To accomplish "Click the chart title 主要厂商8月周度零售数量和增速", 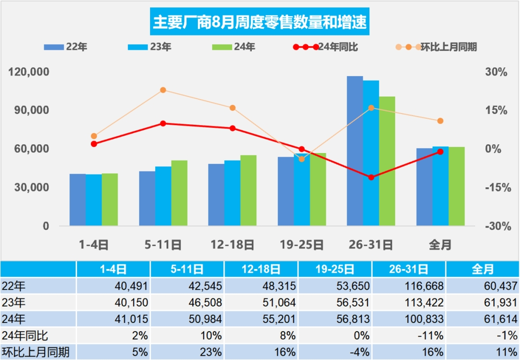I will [260, 22].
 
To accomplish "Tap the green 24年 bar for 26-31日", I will [387, 161].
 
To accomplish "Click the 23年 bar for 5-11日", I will [163, 196].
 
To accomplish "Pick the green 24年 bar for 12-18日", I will [248, 190].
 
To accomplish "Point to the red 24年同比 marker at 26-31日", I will [371, 177].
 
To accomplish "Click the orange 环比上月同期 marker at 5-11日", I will [163, 90].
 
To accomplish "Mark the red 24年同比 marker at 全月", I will [440, 152].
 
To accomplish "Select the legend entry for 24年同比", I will [325, 47].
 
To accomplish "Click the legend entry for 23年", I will [150, 47].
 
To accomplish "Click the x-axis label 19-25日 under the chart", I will [301, 244].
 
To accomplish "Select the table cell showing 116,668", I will [409, 286].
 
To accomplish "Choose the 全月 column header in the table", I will [482, 269].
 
